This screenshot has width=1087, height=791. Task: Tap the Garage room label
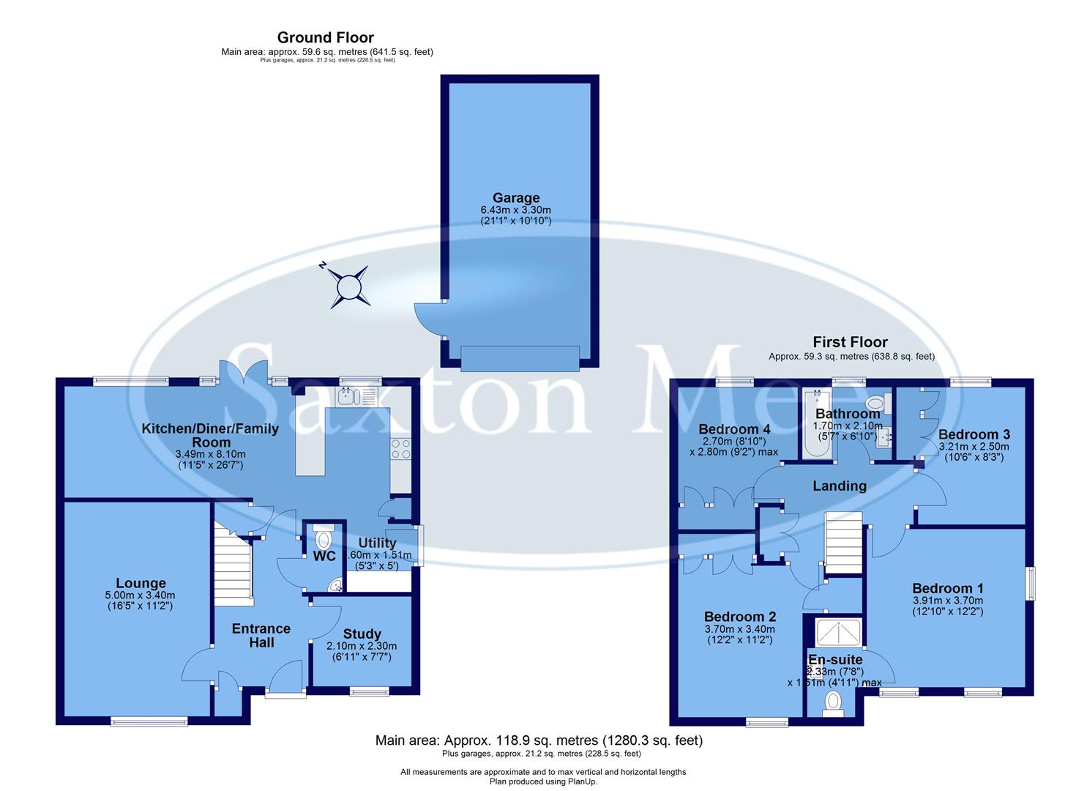[516, 198]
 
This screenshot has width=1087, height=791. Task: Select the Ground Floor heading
[326, 37]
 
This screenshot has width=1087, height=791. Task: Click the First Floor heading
[850, 342]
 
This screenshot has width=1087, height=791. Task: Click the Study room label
[362, 634]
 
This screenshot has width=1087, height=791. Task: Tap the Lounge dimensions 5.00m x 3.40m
[140, 595]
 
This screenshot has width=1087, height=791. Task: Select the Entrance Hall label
[261, 636]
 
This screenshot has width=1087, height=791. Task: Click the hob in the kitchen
[400, 448]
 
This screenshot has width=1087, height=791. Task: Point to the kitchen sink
[348, 398]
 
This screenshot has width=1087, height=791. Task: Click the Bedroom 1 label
[948, 588]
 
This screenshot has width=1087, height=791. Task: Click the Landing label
[840, 486]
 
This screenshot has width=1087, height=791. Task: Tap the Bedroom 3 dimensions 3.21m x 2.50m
[974, 447]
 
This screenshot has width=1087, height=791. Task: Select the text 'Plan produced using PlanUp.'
[543, 781]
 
